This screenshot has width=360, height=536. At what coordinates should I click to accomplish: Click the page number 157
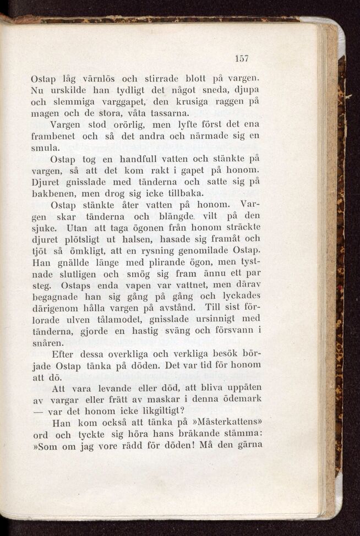click(242, 58)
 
